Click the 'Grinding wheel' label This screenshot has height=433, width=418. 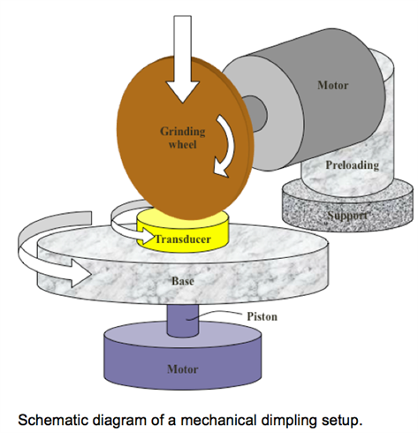[x=183, y=138]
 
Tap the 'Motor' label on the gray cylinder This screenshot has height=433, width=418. [x=333, y=85]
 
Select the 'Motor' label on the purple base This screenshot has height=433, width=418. [x=183, y=369]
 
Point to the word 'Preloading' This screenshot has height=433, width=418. [x=352, y=165]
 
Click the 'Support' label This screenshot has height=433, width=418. [x=348, y=216]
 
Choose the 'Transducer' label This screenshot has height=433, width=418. [x=183, y=239]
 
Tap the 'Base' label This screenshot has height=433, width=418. [x=183, y=281]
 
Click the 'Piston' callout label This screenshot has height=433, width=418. [x=262, y=316]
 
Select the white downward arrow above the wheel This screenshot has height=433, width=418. [x=183, y=59]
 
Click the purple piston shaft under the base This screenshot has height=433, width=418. [x=183, y=320]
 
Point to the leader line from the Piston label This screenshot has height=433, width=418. [x=215, y=315]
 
